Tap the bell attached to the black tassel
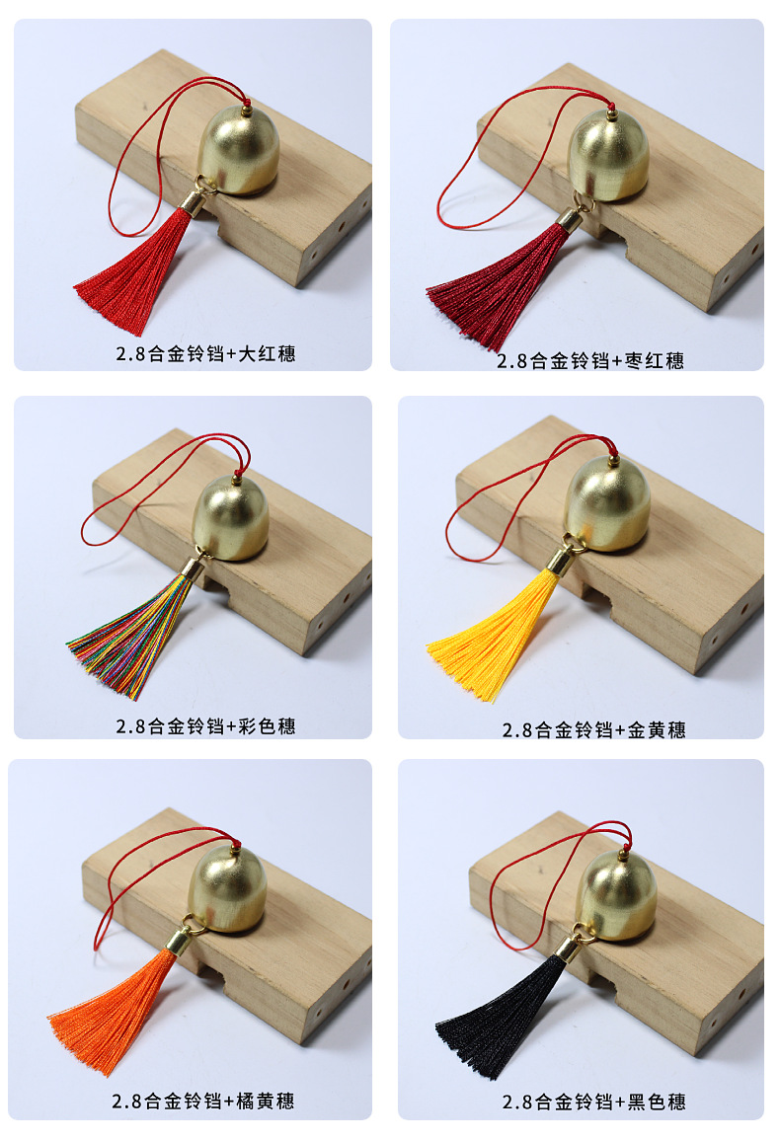(616, 895)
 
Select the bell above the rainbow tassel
(231, 517)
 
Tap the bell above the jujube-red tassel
(609, 155)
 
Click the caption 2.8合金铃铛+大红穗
(205, 353)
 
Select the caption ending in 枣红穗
(590, 361)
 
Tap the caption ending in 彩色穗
(205, 725)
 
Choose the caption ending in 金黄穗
(594, 730)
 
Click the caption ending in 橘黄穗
(202, 1101)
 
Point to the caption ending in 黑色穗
(594, 1101)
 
